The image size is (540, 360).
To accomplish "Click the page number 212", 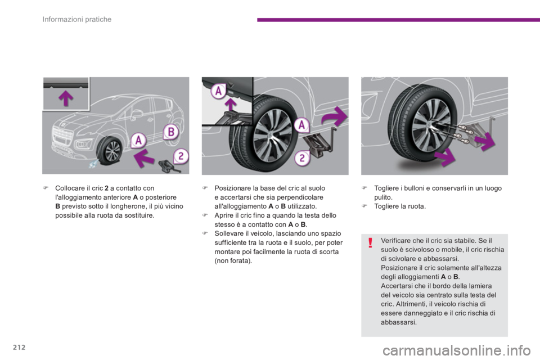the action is [x=19, y=347].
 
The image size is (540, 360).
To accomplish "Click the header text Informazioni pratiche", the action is [x=77, y=19].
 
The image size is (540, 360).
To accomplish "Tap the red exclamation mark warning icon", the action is [x=370, y=242].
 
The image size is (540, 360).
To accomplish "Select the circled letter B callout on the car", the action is [x=171, y=132].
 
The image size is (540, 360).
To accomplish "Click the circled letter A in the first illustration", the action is [x=138, y=140].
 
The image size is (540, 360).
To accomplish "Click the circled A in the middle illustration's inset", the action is [x=218, y=91].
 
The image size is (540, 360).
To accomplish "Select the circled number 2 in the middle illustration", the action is [x=302, y=158].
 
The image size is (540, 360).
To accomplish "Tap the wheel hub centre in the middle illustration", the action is [x=272, y=136].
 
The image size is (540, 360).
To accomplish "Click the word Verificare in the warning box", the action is [x=395, y=240].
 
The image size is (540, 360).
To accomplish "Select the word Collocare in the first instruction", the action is [x=70, y=188].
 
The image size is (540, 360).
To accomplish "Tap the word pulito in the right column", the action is [x=383, y=197].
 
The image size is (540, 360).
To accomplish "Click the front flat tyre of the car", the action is [x=110, y=150].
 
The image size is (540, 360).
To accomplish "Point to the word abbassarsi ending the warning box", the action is [x=398, y=322].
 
